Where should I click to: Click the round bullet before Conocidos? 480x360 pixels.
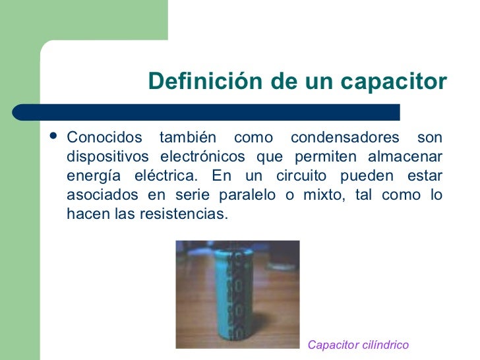(x=53, y=138)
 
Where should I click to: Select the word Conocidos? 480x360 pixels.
(x=105, y=138)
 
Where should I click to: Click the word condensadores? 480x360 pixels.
(x=345, y=138)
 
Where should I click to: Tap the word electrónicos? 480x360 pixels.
(x=200, y=157)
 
